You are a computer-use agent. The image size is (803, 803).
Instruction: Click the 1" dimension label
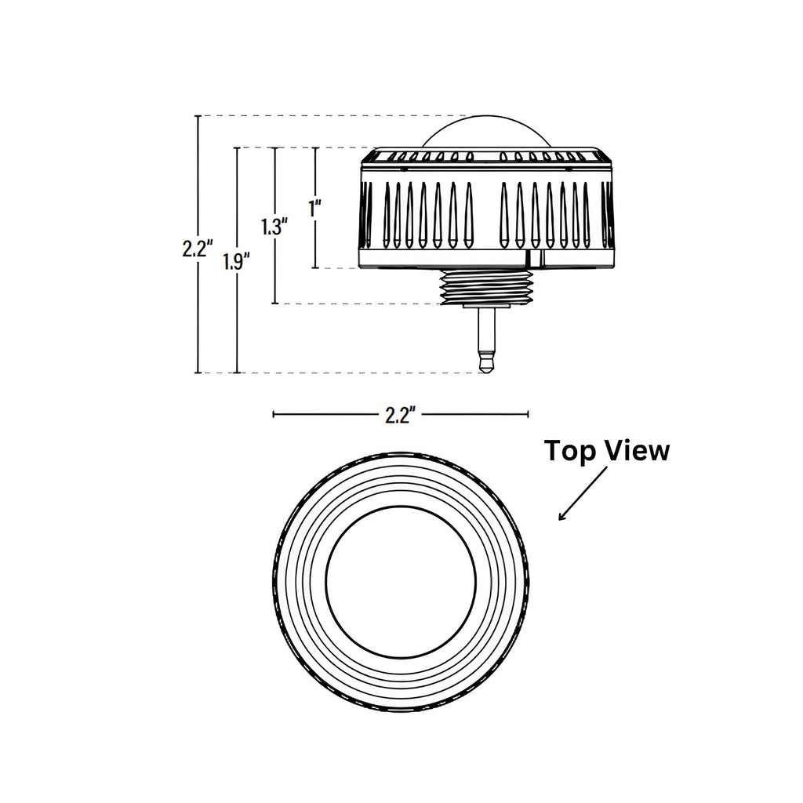[x=315, y=209]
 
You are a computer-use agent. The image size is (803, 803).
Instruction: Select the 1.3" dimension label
[x=274, y=227]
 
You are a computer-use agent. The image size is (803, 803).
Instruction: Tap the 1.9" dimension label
[x=235, y=262]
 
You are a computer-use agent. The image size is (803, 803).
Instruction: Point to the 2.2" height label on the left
[x=197, y=249]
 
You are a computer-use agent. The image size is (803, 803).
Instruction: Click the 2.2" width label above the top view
[x=399, y=415]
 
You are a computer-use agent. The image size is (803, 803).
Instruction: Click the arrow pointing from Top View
[x=582, y=495]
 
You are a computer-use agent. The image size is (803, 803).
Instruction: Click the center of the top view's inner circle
[x=400, y=585]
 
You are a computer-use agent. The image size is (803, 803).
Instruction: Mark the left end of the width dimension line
[x=273, y=414]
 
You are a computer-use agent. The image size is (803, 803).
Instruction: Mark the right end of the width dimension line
[x=528, y=414]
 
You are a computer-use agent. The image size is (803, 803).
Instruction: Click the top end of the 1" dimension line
[x=315, y=147]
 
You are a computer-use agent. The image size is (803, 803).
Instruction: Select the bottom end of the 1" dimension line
[x=315, y=268]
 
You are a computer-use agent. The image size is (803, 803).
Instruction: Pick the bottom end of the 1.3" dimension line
[x=274, y=303]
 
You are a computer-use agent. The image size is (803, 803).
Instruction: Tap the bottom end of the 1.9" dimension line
[x=237, y=373]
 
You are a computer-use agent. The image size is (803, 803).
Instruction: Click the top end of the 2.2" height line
[x=198, y=116]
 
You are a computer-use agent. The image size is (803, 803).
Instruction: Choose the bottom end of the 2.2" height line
[x=198, y=373]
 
